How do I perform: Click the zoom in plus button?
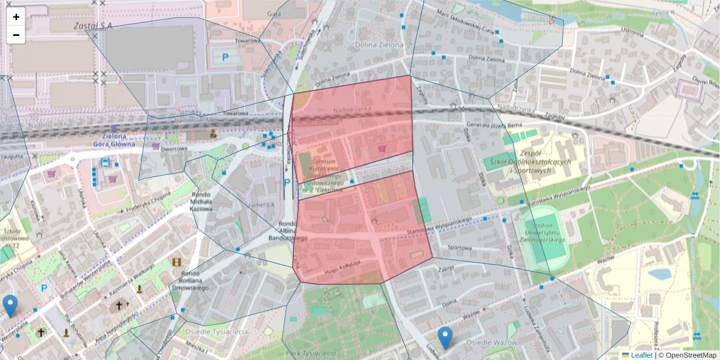pos(16,17)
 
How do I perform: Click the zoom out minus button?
pos(16,35)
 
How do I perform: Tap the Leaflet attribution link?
pos(641,355)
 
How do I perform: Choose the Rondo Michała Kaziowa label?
pos(202,203)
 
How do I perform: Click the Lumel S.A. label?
pos(260,205)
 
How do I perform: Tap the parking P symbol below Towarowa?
pos(226,58)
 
